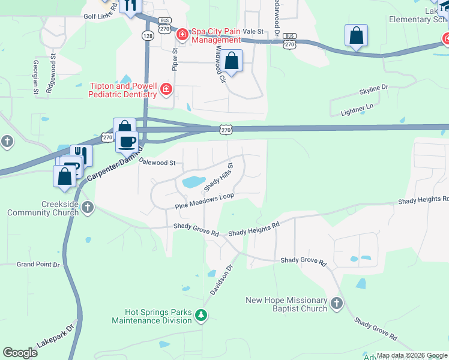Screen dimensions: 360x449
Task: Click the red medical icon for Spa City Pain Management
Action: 181,35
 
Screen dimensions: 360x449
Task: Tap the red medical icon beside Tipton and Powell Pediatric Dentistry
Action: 166,91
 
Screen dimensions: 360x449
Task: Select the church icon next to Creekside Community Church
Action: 88,208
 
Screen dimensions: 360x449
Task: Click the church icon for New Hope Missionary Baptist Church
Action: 336,304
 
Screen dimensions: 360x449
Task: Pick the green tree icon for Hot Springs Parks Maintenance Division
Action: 202,315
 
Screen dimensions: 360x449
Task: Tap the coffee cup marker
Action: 127,142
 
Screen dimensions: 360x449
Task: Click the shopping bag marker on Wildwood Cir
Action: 231,61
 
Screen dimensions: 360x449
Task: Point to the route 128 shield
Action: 147,36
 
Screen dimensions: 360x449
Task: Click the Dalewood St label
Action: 157,162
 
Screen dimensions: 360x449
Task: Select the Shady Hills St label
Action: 221,177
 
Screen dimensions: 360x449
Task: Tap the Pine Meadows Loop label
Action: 203,201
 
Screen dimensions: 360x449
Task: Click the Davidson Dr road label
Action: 220,280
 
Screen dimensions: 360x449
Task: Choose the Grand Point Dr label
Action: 38,264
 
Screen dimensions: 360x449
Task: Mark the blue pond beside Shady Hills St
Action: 193,181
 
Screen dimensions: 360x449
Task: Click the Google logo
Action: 20,353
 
